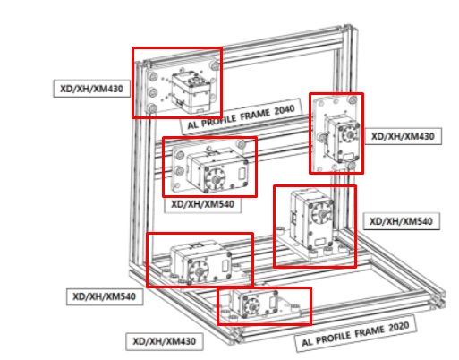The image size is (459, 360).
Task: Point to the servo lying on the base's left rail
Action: click(x=199, y=261)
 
